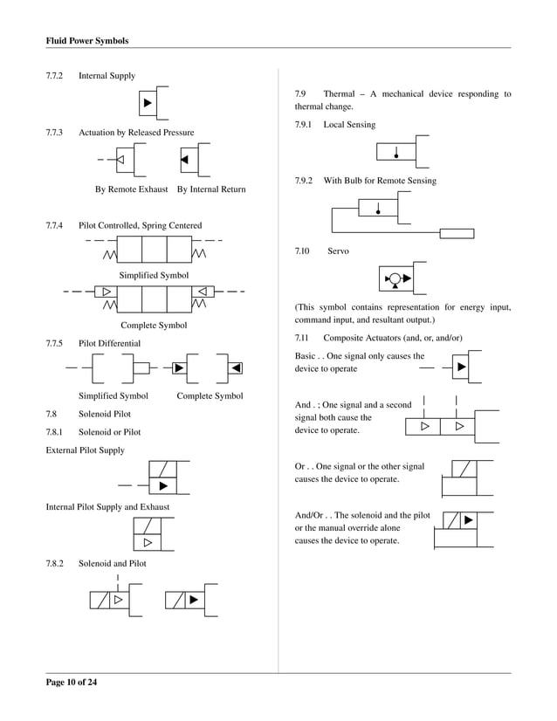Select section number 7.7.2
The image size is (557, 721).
point(57,76)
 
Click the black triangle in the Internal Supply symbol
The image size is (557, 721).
point(148,104)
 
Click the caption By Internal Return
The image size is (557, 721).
point(211,189)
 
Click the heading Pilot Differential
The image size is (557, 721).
point(109,343)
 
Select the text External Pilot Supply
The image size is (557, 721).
point(85,450)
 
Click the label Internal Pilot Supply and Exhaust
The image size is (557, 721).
point(107,506)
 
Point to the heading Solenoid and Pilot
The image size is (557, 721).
point(113,563)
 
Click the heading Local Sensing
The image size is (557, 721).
point(349,125)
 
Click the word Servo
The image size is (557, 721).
point(338,251)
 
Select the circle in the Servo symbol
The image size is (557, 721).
point(395,279)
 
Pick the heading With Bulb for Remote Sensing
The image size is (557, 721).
point(380,181)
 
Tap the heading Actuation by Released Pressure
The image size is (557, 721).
point(136,133)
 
